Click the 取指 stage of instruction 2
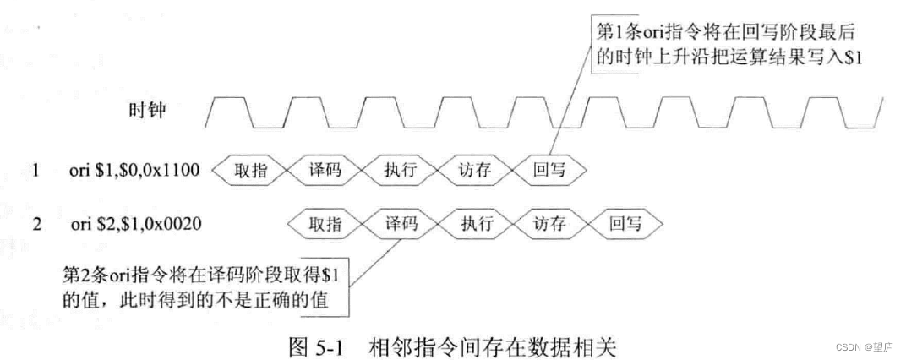(325, 224)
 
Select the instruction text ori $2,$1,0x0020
(135, 225)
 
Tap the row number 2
(35, 225)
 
